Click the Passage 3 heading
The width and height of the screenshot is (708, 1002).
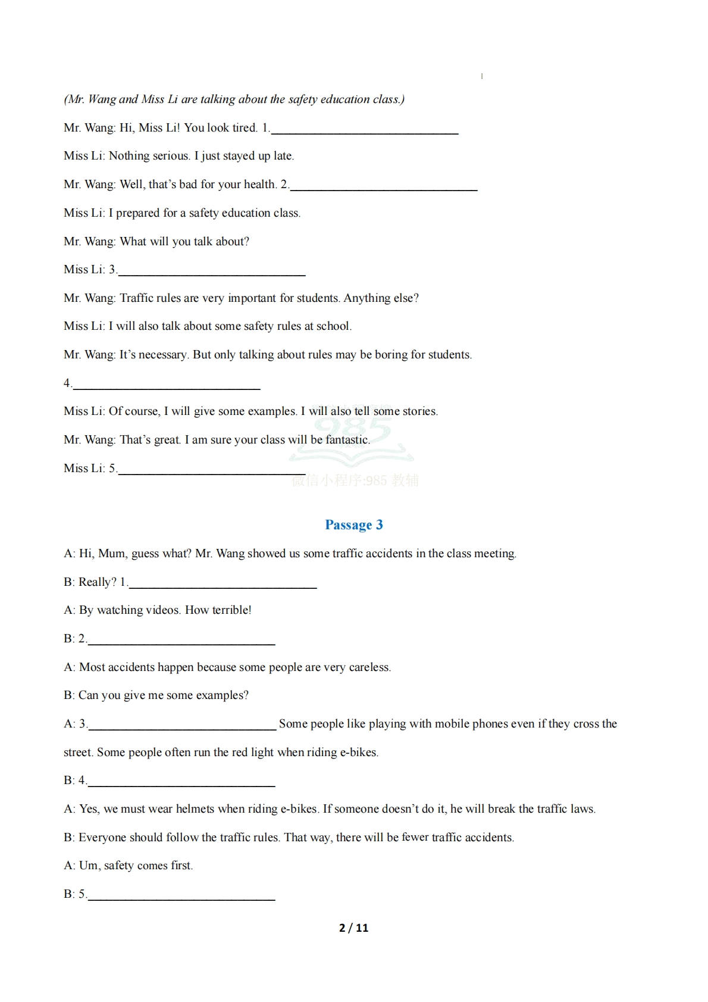click(x=353, y=525)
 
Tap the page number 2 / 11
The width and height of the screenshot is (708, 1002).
click(x=353, y=928)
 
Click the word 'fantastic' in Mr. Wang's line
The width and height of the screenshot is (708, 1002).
click(x=347, y=440)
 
